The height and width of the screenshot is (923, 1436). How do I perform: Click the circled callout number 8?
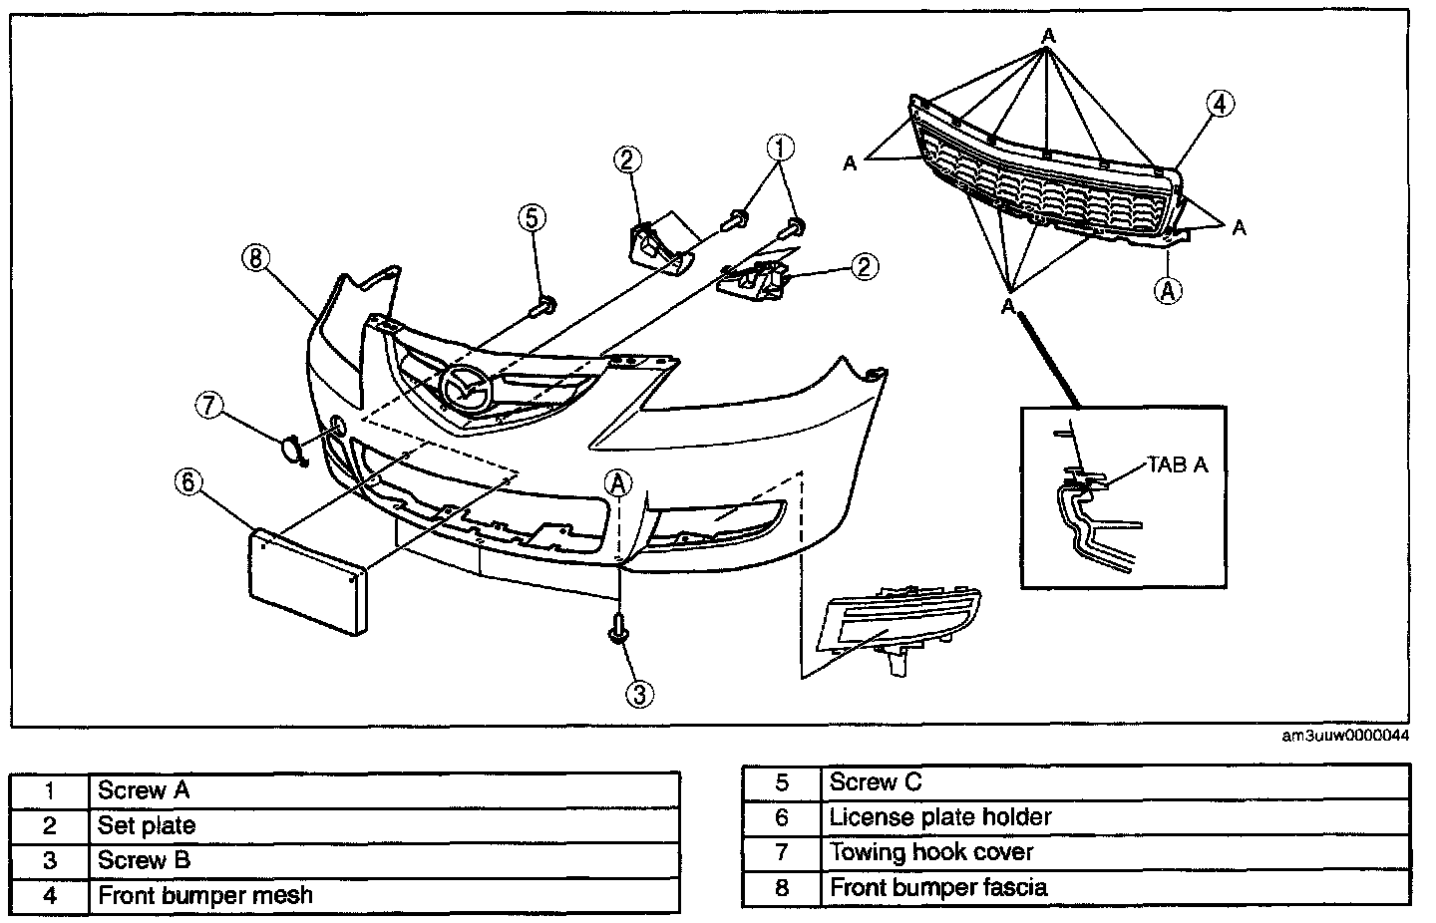click(255, 258)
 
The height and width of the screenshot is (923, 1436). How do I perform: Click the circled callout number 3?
click(640, 693)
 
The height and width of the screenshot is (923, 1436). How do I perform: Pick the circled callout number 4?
click(1220, 103)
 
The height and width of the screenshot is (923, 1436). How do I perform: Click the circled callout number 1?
click(781, 149)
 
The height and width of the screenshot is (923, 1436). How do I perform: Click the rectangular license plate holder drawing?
click(307, 579)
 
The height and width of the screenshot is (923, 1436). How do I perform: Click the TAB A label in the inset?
click(1178, 464)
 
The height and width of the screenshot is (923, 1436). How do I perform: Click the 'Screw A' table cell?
click(384, 790)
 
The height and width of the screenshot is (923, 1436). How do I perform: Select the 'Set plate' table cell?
click(384, 825)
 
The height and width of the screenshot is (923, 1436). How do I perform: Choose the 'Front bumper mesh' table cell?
click(384, 895)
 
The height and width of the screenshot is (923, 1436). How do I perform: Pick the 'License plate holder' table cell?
click(1115, 817)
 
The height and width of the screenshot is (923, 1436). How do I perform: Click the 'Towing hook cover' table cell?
click(1115, 852)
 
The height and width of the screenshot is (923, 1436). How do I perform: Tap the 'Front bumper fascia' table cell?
click(1115, 887)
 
